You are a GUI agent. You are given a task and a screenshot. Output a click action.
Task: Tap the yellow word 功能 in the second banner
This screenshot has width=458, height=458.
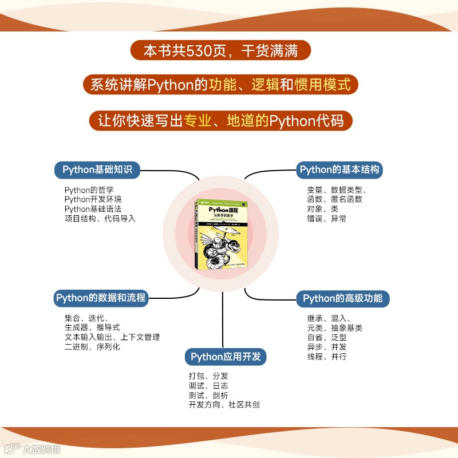(222, 85)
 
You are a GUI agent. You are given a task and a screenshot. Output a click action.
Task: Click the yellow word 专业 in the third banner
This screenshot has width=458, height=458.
(197, 121)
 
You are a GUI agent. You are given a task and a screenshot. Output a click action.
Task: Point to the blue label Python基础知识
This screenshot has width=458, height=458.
(97, 169)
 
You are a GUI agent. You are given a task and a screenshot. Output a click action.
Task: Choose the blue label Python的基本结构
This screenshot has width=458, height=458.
(339, 169)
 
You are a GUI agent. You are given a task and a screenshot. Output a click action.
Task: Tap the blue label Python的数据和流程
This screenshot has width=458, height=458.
(101, 298)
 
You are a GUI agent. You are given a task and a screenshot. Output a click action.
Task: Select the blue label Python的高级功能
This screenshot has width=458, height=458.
(343, 298)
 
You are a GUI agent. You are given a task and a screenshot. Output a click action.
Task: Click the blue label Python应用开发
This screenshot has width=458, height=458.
(226, 357)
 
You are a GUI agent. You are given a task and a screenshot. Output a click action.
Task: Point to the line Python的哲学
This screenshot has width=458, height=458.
(89, 190)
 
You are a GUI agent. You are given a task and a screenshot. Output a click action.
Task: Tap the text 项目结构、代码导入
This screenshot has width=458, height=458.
(100, 218)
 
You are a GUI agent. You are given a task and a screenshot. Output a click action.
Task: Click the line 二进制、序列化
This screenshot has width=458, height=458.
(92, 346)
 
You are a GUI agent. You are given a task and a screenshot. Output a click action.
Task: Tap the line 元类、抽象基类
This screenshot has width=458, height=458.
(334, 328)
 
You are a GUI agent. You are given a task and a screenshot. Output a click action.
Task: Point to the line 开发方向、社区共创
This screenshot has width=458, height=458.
(224, 405)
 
